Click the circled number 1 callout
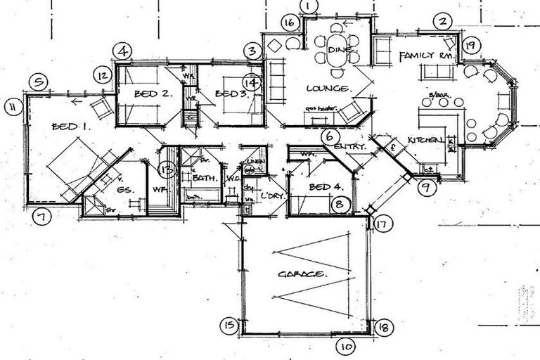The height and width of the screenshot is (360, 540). point(309,6)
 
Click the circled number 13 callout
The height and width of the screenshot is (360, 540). point(167,168)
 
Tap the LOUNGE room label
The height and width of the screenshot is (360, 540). point(328,89)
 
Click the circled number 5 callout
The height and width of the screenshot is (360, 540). point(38,82)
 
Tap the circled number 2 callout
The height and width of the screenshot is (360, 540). point(442,21)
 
